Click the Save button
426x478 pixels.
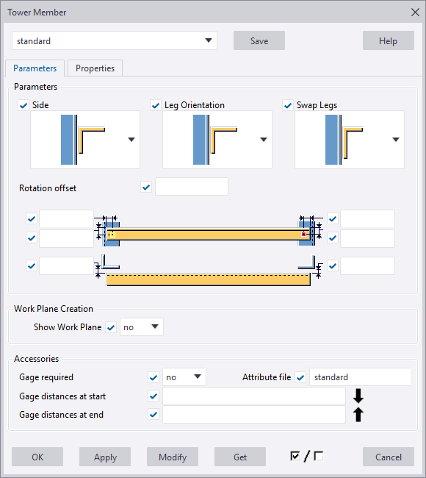[259, 41]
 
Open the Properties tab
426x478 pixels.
[95, 68]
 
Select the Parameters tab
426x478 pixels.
[35, 68]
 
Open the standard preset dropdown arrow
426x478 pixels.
[209, 41]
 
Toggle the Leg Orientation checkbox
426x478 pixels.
[155, 105]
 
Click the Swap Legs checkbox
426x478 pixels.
[287, 105]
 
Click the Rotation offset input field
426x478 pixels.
[191, 187]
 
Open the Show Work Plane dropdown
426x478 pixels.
[142, 327]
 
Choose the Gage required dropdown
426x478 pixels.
[184, 377]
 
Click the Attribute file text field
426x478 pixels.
[359, 377]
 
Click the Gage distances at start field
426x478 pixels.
[253, 396]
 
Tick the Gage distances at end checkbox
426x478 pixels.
[154, 415]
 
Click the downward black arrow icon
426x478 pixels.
[358, 396]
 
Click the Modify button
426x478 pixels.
[173, 457]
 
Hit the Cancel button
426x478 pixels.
[388, 457]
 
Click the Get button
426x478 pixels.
[240, 457]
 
